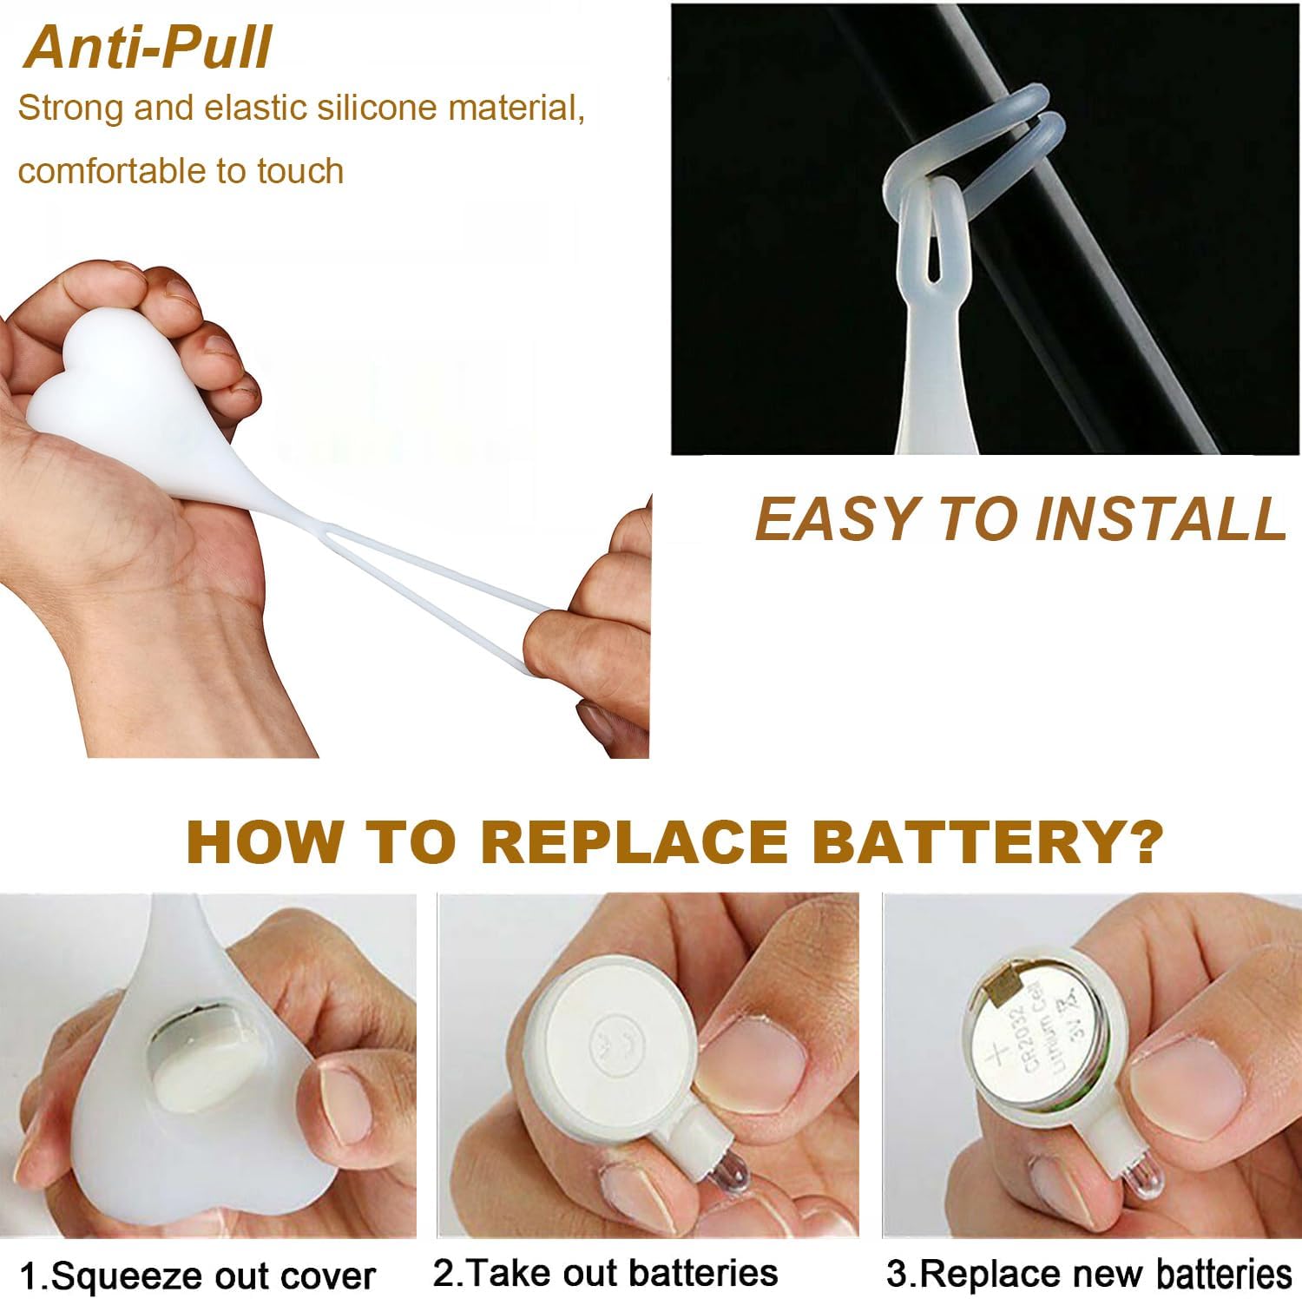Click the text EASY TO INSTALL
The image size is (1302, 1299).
(x=1020, y=518)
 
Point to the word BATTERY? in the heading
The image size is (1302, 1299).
(x=989, y=840)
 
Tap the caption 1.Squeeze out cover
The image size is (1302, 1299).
(x=198, y=1276)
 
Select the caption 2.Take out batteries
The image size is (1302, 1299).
(x=605, y=1272)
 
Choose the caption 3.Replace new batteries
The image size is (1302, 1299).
(x=1089, y=1273)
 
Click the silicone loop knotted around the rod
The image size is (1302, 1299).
(x=972, y=165)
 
